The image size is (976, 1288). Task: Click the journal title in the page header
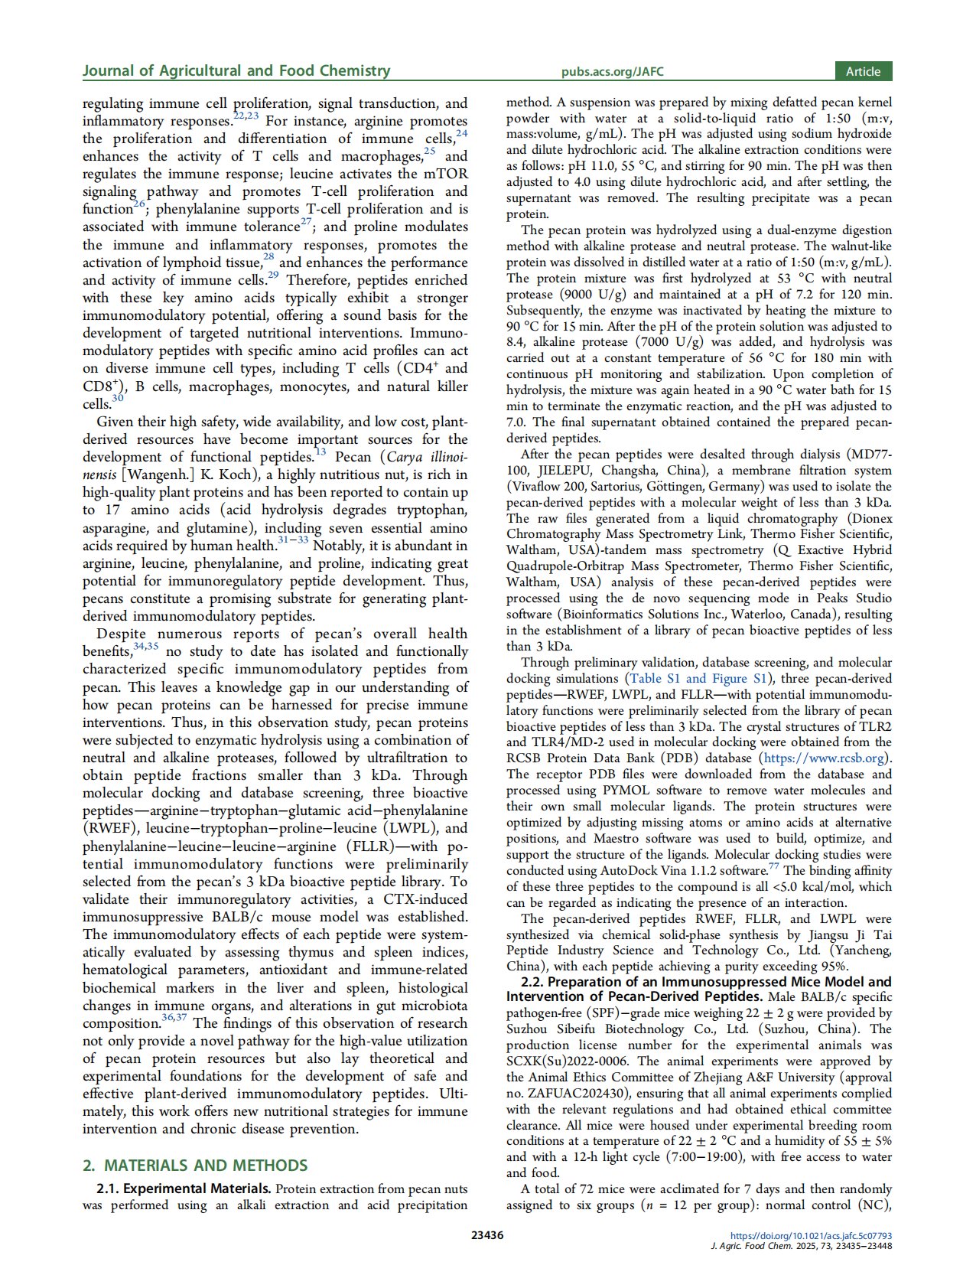coord(236,71)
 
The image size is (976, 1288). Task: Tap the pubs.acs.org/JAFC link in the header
coord(612,72)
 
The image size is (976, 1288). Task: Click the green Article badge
coord(863,71)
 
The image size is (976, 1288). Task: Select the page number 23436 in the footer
coord(487,1234)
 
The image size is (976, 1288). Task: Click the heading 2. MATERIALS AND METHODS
coord(195,1166)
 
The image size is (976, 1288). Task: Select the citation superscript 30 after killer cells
coord(117,398)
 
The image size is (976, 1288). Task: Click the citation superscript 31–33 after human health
coord(293,540)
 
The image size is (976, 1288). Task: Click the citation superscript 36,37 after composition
coord(175,1018)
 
